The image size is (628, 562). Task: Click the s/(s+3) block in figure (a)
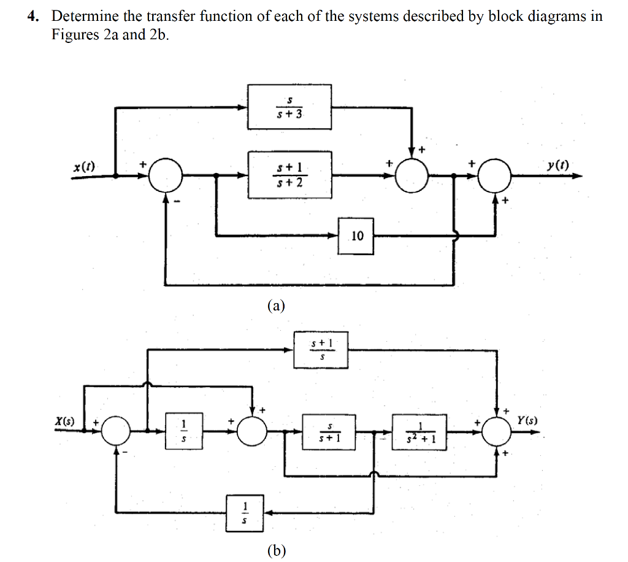click(x=289, y=107)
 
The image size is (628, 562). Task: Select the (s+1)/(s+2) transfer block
click(x=289, y=175)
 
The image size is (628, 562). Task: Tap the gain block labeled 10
click(x=356, y=235)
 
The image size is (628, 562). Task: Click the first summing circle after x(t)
click(x=165, y=176)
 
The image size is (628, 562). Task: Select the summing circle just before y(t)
click(x=494, y=176)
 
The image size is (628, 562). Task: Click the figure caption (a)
click(x=276, y=305)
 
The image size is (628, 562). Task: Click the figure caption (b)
click(x=276, y=550)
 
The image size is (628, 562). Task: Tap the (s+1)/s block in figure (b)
click(x=321, y=350)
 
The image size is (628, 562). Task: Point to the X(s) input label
click(x=64, y=422)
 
